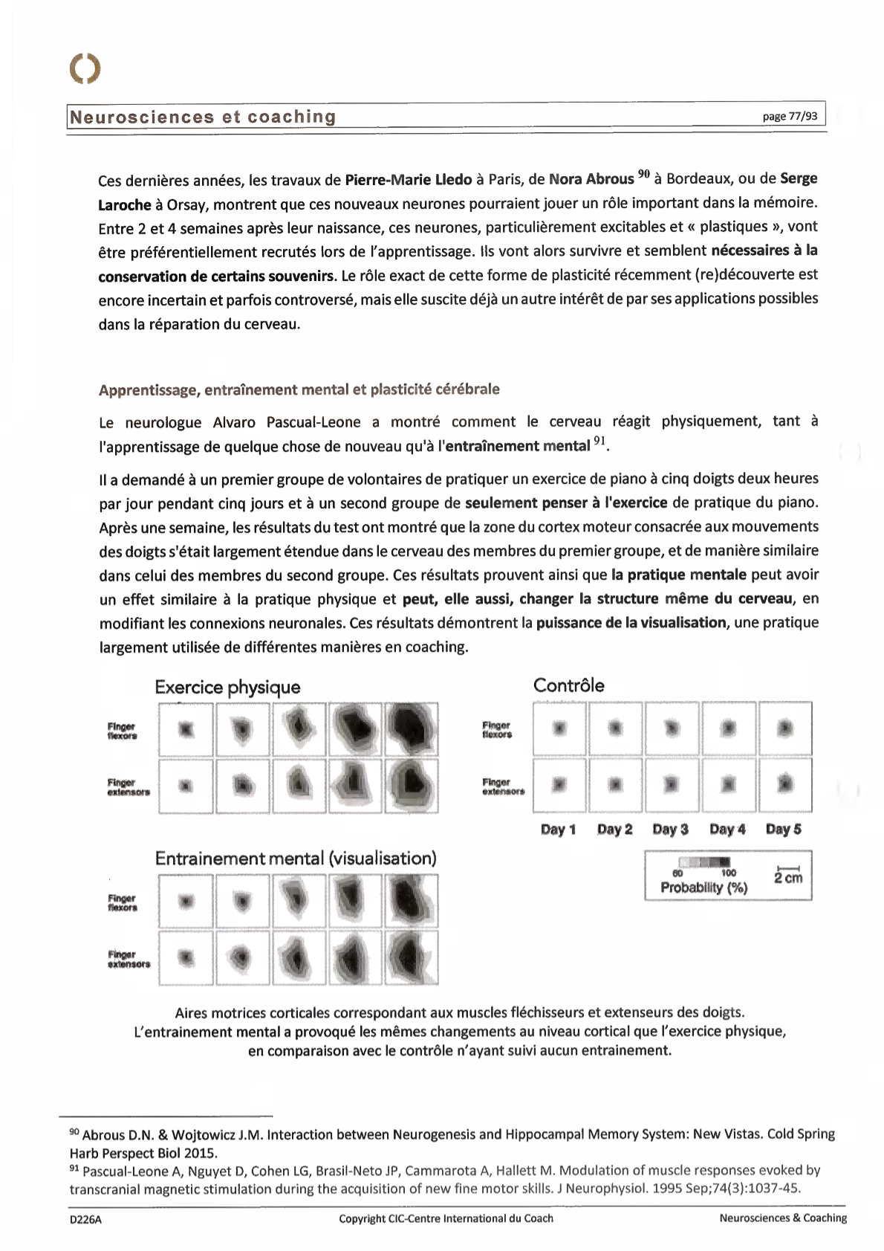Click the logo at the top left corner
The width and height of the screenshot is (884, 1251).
click(85, 68)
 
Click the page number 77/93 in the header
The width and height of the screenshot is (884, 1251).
click(790, 116)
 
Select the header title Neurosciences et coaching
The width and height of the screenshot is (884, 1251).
click(202, 117)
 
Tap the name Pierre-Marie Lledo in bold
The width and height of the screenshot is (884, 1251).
click(408, 179)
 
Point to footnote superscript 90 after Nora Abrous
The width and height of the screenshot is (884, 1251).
click(643, 175)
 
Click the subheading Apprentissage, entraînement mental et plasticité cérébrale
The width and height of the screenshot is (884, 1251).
click(299, 389)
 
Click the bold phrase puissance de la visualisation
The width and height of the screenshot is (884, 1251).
click(631, 622)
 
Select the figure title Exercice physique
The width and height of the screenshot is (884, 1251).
click(227, 687)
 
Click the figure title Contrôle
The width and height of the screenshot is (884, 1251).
click(568, 685)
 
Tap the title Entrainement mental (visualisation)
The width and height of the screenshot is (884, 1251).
click(296, 859)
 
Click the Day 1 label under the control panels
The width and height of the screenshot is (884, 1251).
click(558, 830)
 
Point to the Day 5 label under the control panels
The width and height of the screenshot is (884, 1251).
click(783, 830)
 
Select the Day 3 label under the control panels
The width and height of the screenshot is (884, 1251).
click(670, 830)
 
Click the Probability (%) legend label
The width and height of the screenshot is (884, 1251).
click(703, 888)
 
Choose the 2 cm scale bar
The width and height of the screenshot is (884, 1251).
click(787, 874)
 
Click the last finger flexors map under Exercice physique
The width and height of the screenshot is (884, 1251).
click(411, 729)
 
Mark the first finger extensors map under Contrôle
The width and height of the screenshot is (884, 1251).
click(559, 784)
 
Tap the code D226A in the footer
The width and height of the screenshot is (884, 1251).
click(85, 1219)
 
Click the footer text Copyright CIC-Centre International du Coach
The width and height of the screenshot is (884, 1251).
click(446, 1218)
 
